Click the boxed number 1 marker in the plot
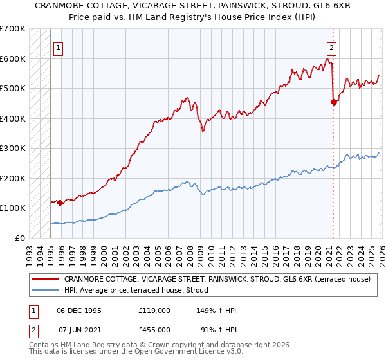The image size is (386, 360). [58, 47]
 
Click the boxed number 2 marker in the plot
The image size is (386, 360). [331, 47]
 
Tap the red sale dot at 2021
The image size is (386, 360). [333, 102]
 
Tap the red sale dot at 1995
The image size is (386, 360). [60, 203]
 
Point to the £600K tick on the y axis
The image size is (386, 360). [13, 59]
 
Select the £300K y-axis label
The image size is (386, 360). [13, 148]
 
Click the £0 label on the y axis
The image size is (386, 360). [19, 238]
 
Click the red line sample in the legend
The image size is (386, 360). [46, 279]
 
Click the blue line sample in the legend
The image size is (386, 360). [46, 290]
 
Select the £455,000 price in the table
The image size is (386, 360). [154, 330]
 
